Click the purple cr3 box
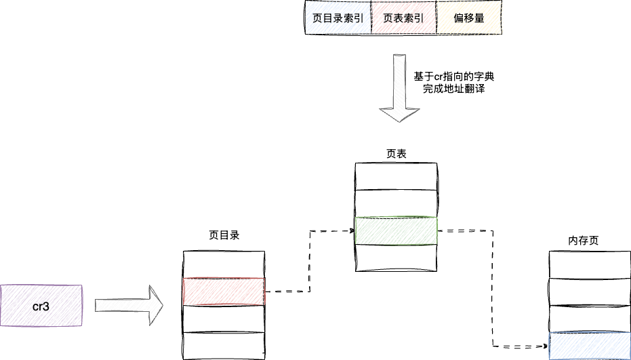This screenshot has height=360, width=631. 41,306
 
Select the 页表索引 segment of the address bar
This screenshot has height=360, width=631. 403,18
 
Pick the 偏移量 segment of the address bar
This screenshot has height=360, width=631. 468,18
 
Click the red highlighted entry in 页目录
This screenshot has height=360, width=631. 224,292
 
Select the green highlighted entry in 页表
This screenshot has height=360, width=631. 396,231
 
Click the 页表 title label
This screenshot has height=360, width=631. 396,154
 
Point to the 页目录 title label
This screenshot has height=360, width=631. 224,236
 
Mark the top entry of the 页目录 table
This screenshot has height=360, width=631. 224,264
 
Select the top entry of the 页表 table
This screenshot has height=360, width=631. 396,176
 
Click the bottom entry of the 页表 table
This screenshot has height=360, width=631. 396,258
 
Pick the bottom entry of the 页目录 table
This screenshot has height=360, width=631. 224,345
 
